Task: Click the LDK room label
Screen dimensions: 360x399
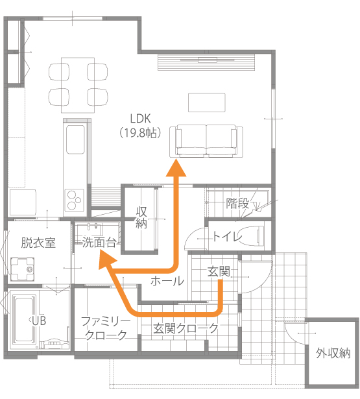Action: coord(140,119)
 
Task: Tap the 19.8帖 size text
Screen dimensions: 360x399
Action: coord(140,132)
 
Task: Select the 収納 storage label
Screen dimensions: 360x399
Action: coord(141,217)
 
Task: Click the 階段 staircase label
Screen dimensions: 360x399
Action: coord(237,204)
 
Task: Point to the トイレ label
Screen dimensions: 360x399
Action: coord(227,236)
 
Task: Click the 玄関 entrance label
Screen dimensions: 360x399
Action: coord(219,271)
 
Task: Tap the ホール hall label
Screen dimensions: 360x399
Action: coord(167,281)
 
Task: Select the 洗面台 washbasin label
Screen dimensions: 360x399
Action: coord(99,243)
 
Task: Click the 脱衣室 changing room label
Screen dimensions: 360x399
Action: coord(38,243)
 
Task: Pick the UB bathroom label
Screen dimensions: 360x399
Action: coord(39,321)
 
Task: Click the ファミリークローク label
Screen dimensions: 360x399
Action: coord(106,328)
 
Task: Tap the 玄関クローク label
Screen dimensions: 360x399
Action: coord(186,328)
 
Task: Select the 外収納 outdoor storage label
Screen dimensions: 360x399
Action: coord(333,353)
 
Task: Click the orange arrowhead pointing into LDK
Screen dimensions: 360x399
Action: coord(176,168)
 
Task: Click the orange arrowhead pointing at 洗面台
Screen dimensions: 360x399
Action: coord(106,259)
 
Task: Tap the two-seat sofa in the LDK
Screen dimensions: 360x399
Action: coord(206,141)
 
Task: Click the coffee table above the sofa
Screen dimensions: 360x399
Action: coord(206,103)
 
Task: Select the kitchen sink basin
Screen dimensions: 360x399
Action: coord(75,139)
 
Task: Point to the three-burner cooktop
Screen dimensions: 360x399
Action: coord(75,200)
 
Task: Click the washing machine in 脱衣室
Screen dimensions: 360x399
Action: coord(22,269)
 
